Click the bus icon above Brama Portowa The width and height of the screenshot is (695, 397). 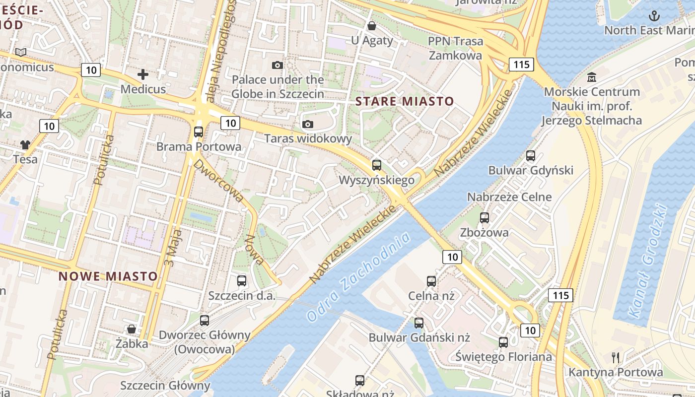tap(199, 132)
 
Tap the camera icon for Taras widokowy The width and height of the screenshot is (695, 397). tap(308, 124)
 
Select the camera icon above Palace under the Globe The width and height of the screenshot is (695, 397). tap(278, 65)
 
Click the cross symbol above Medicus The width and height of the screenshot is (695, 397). tap(143, 74)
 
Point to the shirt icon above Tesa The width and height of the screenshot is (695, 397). tap(25, 145)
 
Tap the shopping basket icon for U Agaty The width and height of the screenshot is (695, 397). tap(372, 26)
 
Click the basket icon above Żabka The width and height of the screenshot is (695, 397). tap(132, 329)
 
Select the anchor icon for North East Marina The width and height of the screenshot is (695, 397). tap(655, 16)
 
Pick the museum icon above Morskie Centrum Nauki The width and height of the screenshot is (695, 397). tap(592, 77)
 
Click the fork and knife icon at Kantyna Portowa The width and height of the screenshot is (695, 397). tap(616, 357)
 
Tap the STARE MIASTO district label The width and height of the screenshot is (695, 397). tap(405, 102)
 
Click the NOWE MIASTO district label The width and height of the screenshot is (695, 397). tap(108, 276)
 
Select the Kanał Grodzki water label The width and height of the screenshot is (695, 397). tap(646, 261)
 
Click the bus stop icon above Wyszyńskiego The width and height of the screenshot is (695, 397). tap(377, 165)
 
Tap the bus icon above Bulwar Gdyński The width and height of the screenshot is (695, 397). tap(531, 156)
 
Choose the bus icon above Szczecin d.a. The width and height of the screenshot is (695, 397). tap(242, 281)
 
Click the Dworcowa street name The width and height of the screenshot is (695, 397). tap(219, 181)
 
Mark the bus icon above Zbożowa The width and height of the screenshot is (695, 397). tap(485, 217)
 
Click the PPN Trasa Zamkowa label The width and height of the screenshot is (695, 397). tap(455, 48)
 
